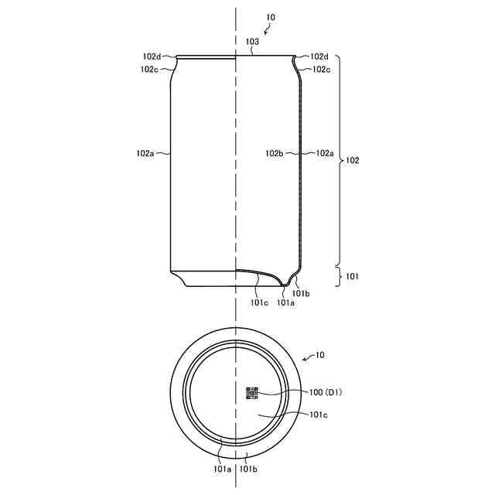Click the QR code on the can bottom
252,393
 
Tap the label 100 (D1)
326,392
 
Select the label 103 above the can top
252,41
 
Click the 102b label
275,153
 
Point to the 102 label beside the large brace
353,160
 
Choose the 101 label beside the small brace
353,277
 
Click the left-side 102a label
145,153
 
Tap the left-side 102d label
152,56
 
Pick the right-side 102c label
322,70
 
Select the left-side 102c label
149,70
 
